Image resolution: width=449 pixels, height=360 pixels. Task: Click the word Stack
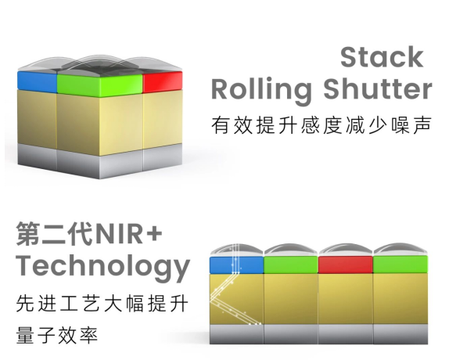(382, 57)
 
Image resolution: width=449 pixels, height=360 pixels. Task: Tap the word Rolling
(261, 90)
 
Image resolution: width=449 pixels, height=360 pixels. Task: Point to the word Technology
(103, 266)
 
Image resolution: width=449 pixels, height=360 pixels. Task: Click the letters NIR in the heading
(119, 234)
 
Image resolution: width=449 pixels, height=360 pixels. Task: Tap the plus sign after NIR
(154, 232)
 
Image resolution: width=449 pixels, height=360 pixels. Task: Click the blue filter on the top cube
(38, 81)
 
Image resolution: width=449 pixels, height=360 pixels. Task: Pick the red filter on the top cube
(163, 81)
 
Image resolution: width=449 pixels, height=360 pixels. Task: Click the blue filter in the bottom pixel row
(236, 265)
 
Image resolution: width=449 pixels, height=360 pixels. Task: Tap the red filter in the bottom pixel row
(346, 265)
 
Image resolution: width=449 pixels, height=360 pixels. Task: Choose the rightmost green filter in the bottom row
(401, 265)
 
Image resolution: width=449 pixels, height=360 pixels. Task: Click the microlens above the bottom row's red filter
(346, 250)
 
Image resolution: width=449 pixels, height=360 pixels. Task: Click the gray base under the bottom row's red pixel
(346, 333)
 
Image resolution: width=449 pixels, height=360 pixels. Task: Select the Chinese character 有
(221, 125)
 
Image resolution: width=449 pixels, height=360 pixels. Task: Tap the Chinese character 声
(422, 125)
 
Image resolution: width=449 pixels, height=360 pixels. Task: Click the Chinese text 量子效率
(57, 335)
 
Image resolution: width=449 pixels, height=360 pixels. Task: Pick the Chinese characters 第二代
(55, 234)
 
